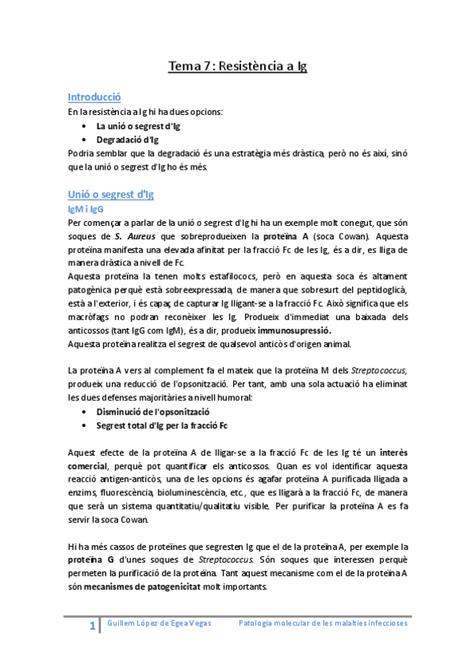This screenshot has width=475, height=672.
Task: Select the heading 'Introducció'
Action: tap(94, 97)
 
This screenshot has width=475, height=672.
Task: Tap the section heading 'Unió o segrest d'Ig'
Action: tap(110, 194)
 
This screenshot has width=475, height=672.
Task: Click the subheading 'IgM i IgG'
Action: tap(86, 209)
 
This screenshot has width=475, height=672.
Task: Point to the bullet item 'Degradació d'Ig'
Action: tap(127, 139)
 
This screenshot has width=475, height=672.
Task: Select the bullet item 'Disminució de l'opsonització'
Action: tap(152, 413)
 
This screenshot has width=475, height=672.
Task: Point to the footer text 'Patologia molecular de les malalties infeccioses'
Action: tap(323, 624)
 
